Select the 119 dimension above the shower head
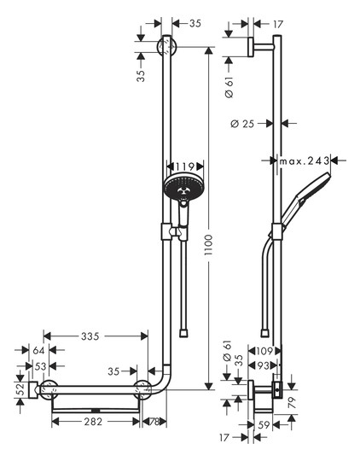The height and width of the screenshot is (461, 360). click(182, 166)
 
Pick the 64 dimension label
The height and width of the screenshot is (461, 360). click(38, 349)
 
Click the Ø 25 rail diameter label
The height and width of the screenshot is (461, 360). click(244, 125)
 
